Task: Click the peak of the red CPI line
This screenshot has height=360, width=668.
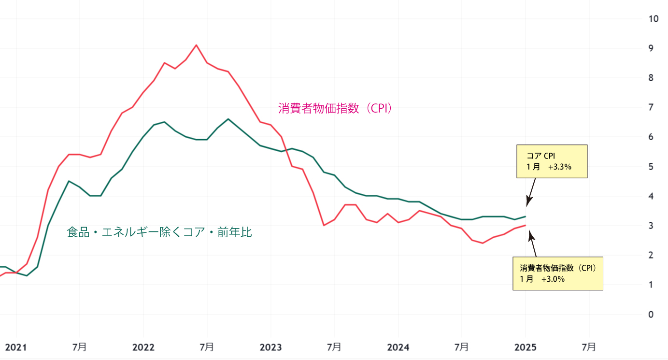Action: pyautogui.click(x=196, y=45)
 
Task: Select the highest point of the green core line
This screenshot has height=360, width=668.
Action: pyautogui.click(x=228, y=119)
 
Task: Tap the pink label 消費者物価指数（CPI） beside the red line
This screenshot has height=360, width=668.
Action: pyautogui.click(x=335, y=108)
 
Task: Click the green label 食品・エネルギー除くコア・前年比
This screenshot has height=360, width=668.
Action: pyautogui.click(x=159, y=232)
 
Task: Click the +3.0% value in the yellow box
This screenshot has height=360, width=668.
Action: pyautogui.click(x=553, y=279)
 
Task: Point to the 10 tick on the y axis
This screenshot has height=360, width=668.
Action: pyautogui.click(x=654, y=19)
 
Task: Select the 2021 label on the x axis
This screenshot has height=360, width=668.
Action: pyautogui.click(x=16, y=347)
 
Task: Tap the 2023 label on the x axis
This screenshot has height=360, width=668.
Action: pyautogui.click(x=270, y=347)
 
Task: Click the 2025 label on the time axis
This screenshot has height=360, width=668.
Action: pyautogui.click(x=525, y=347)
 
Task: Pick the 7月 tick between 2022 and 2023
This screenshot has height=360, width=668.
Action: pyautogui.click(x=207, y=347)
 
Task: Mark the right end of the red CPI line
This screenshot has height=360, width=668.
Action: pyautogui.click(x=526, y=225)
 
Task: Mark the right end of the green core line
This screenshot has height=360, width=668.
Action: pyautogui.click(x=526, y=216)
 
